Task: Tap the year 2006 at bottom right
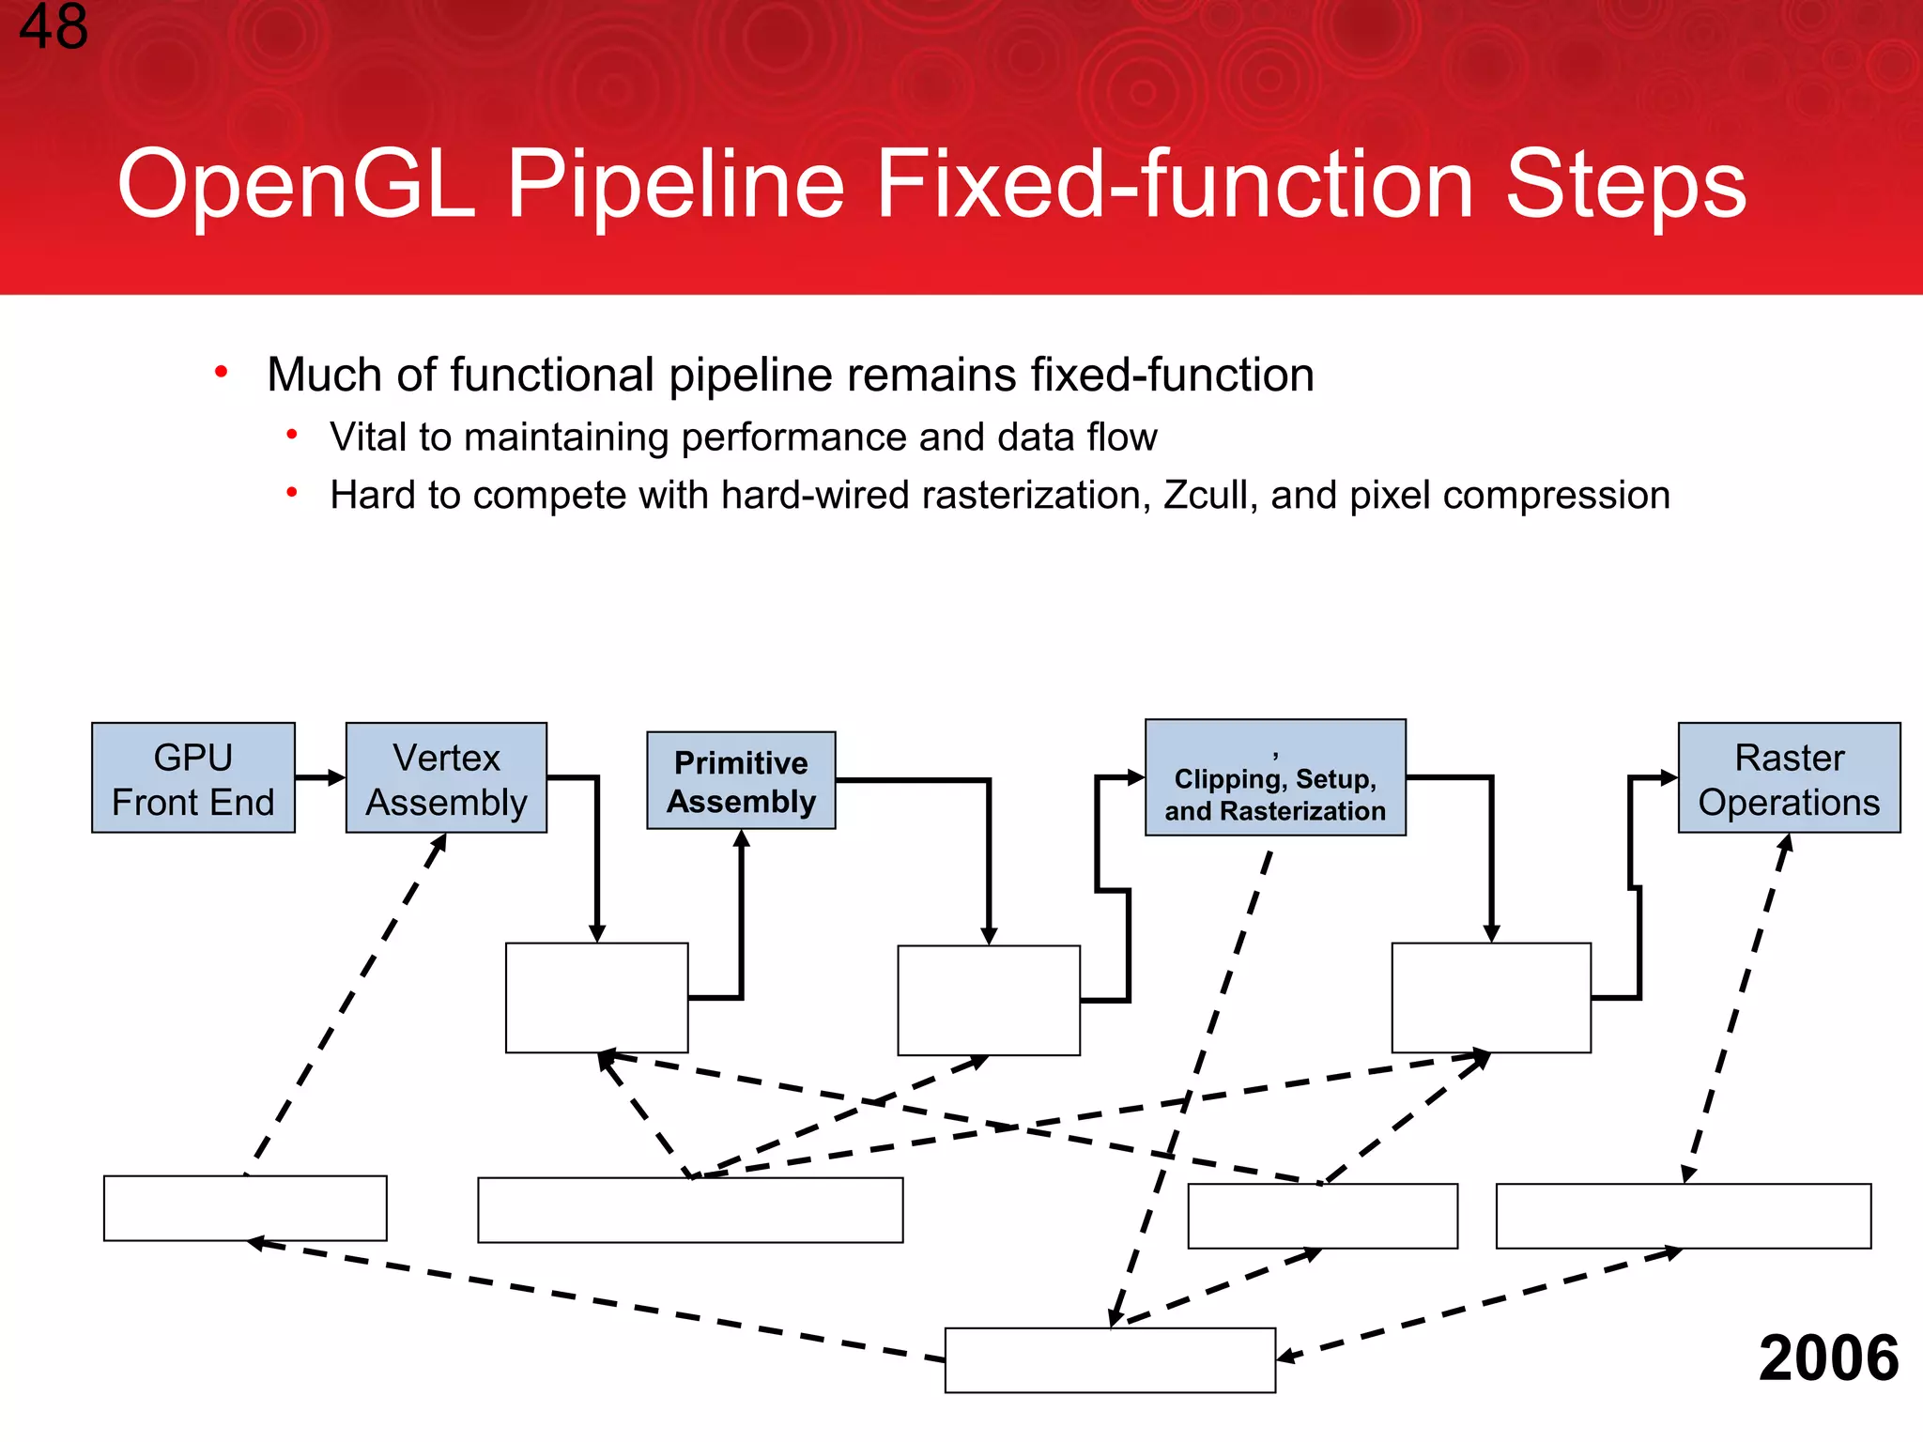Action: [1827, 1358]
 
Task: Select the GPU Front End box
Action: [193, 778]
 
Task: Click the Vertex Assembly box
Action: [446, 778]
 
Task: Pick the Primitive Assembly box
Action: [741, 781]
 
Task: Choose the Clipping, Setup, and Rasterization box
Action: [1275, 778]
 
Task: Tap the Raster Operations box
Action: [1789, 778]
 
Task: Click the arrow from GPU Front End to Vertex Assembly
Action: [320, 777]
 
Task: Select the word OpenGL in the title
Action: [297, 184]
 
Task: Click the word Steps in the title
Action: [1625, 184]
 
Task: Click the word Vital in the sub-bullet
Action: [367, 437]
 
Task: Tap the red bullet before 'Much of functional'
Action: [222, 373]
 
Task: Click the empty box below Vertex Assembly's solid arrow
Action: [596, 998]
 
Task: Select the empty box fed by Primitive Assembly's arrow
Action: [989, 1001]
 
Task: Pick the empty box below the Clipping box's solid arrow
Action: [1491, 998]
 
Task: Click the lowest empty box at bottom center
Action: [1110, 1360]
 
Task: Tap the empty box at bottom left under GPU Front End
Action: [245, 1208]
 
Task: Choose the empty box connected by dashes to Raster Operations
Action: [1683, 1216]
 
